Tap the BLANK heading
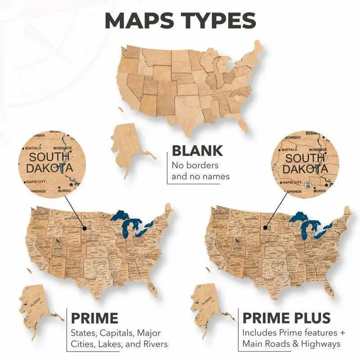pyautogui.click(x=197, y=151)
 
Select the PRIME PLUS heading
pyautogui.click(x=286, y=318)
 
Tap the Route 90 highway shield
pyautogui.click(x=307, y=185)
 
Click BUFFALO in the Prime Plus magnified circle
pyautogui.click(x=289, y=149)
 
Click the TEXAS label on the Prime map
pyautogui.click(x=91, y=279)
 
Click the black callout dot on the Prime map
pyautogui.click(x=84, y=228)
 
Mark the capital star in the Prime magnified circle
pyautogui.click(x=71, y=184)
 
